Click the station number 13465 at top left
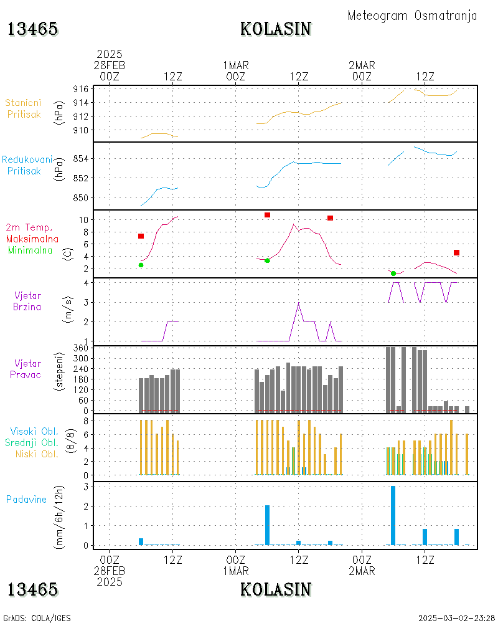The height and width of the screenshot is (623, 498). (33, 29)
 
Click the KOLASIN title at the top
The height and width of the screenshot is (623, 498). (276, 29)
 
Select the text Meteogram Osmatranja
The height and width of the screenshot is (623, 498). (412, 16)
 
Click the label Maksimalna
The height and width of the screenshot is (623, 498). (32, 239)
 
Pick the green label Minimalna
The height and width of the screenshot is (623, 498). (32, 250)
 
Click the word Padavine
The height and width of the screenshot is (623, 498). (27, 499)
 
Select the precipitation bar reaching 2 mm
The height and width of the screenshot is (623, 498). (267, 525)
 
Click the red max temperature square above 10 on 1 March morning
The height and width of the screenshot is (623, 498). (267, 215)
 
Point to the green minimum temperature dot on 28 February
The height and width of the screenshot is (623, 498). (141, 265)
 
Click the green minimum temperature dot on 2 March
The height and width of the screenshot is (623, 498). (393, 273)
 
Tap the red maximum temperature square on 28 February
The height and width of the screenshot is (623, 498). (141, 236)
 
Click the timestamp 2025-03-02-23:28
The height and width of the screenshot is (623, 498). (456, 618)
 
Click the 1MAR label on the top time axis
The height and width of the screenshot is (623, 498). (235, 65)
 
